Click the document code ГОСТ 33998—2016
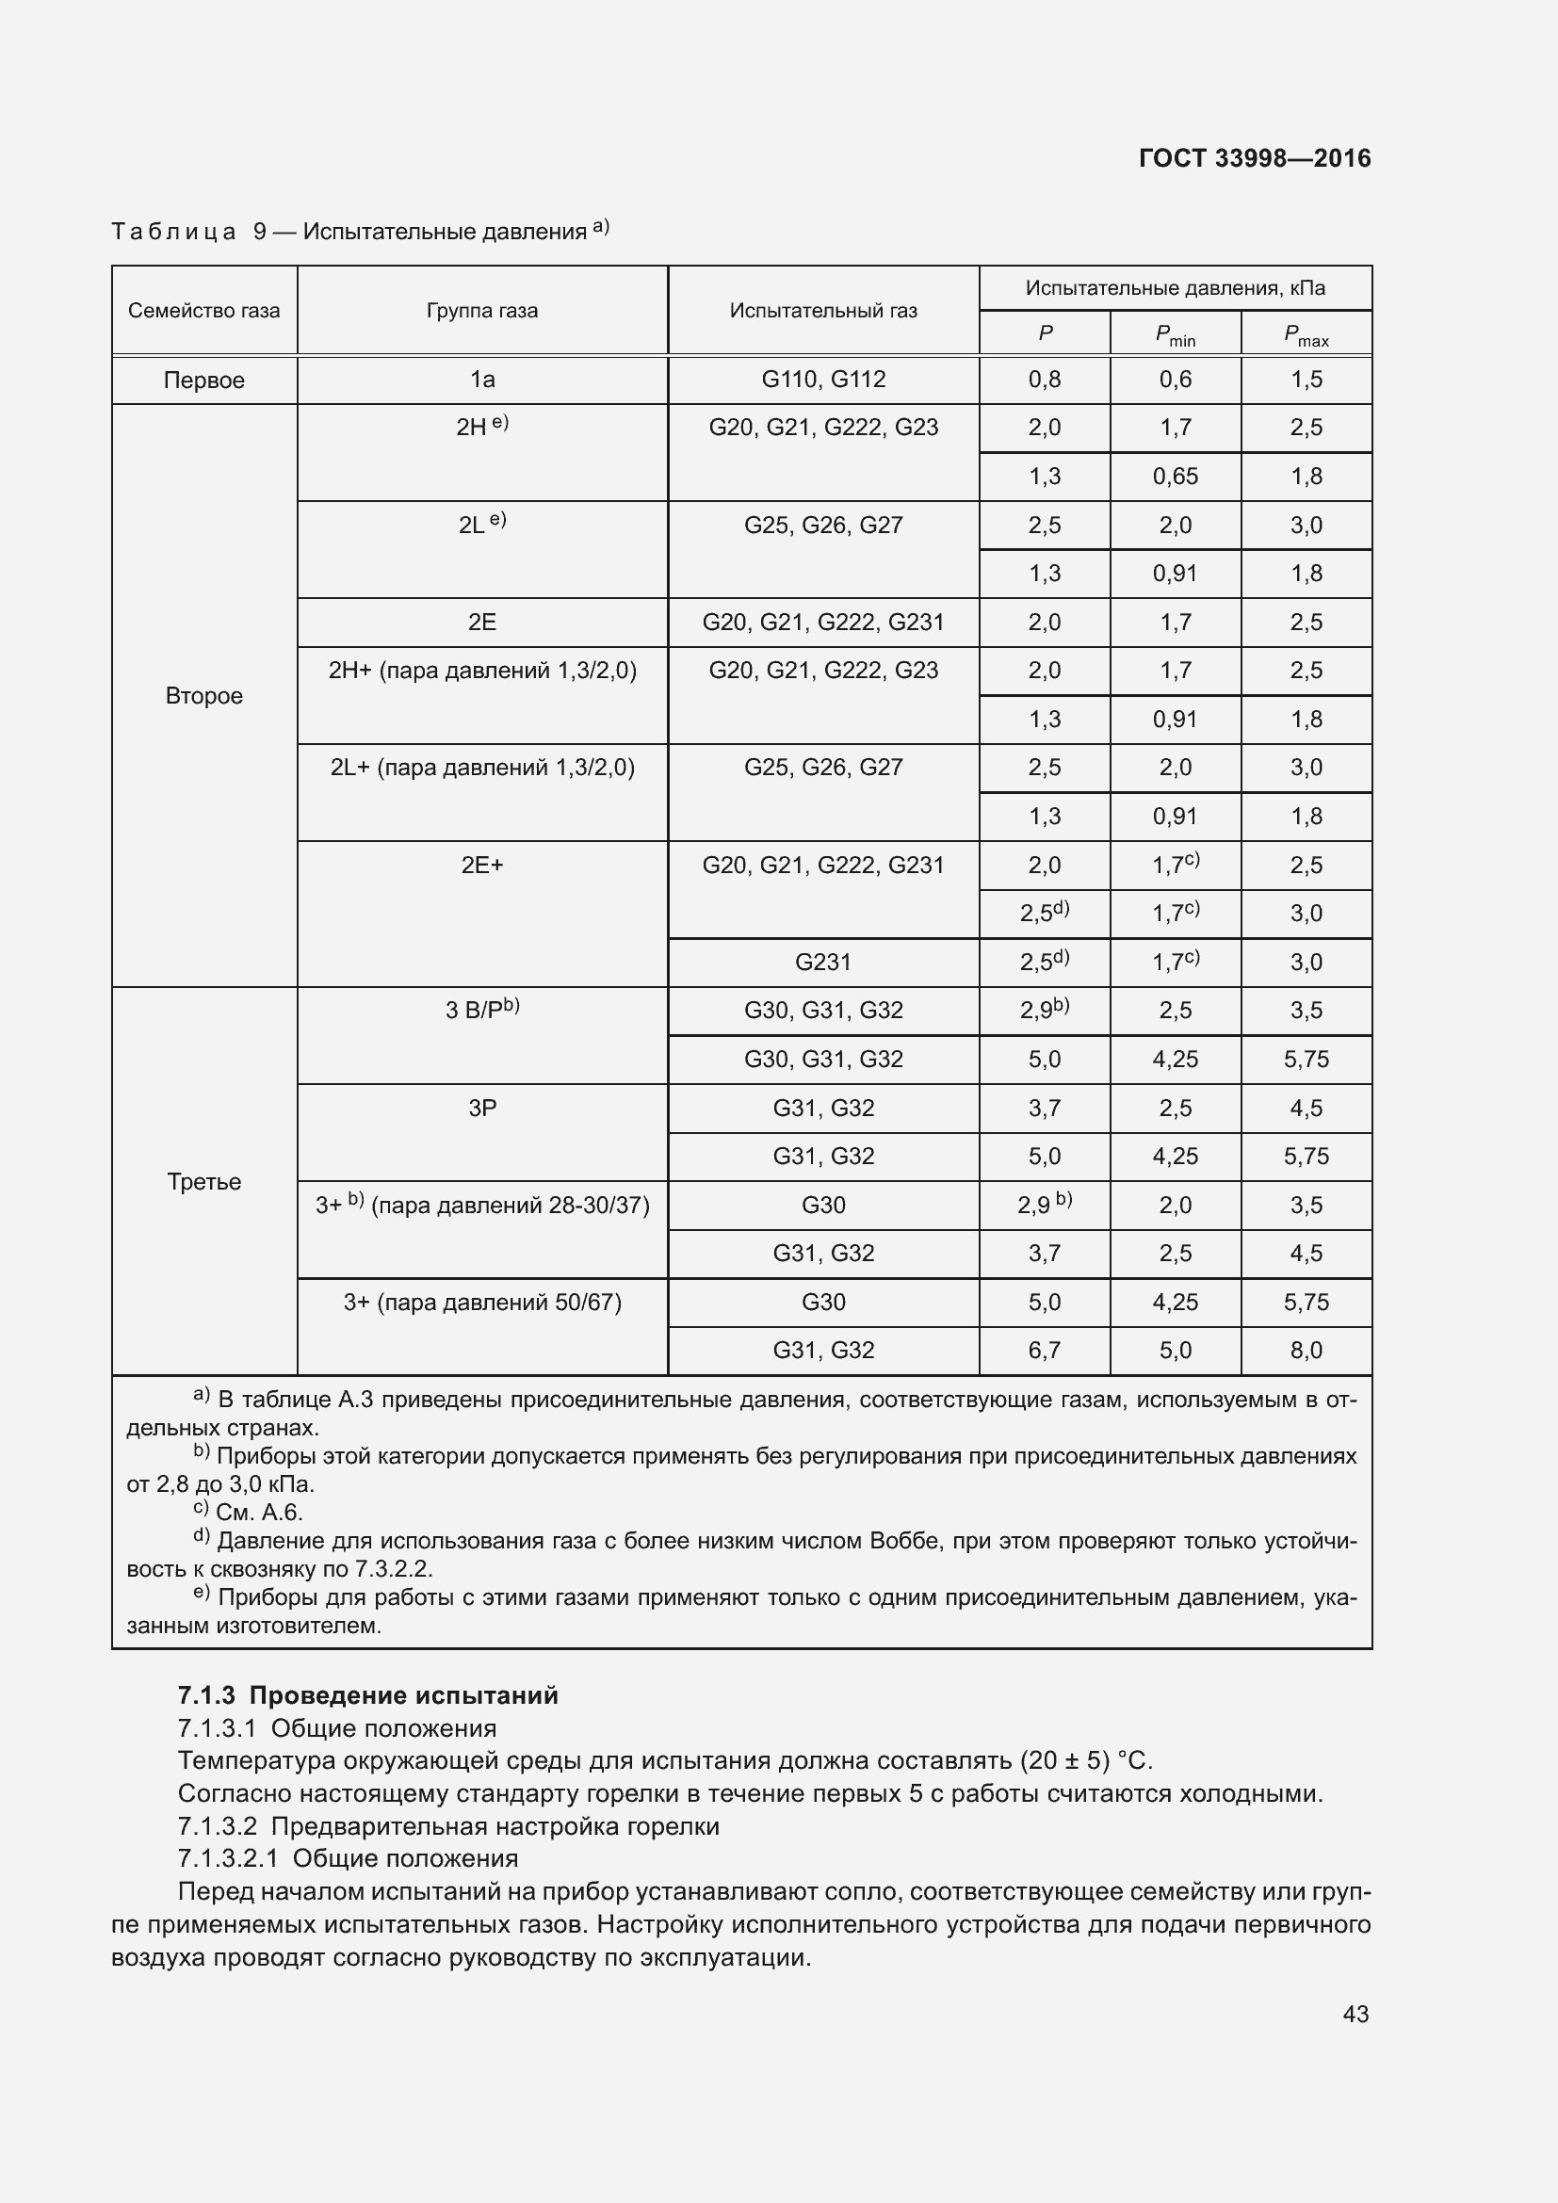pos(1254,158)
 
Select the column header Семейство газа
pos(203,311)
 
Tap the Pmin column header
pos(1176,335)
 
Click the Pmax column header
pos(1306,335)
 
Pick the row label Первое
pos(203,380)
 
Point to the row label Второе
pos(203,696)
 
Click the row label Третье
pos(203,1181)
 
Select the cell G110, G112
pos(823,380)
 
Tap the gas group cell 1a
pos(481,380)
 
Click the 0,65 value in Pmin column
pos(1176,477)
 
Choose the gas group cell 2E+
pos(481,866)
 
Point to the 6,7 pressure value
pos(1044,1351)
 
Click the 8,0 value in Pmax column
pos(1306,1351)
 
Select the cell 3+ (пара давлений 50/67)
pos(481,1303)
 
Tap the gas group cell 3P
pos(481,1109)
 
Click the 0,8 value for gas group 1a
pos(1044,380)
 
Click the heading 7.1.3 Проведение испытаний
pos(367,1695)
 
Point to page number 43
pos(1355,2014)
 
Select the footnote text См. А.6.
pos(258,1514)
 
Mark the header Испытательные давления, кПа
pos(1176,289)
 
